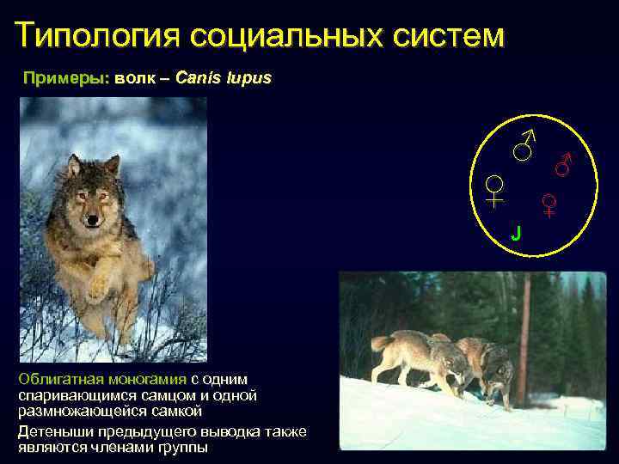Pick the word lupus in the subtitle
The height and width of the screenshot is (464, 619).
(250, 78)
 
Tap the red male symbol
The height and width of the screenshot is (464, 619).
(564, 162)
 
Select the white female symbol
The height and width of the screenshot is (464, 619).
(494, 190)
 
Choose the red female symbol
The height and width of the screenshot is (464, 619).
(549, 205)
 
